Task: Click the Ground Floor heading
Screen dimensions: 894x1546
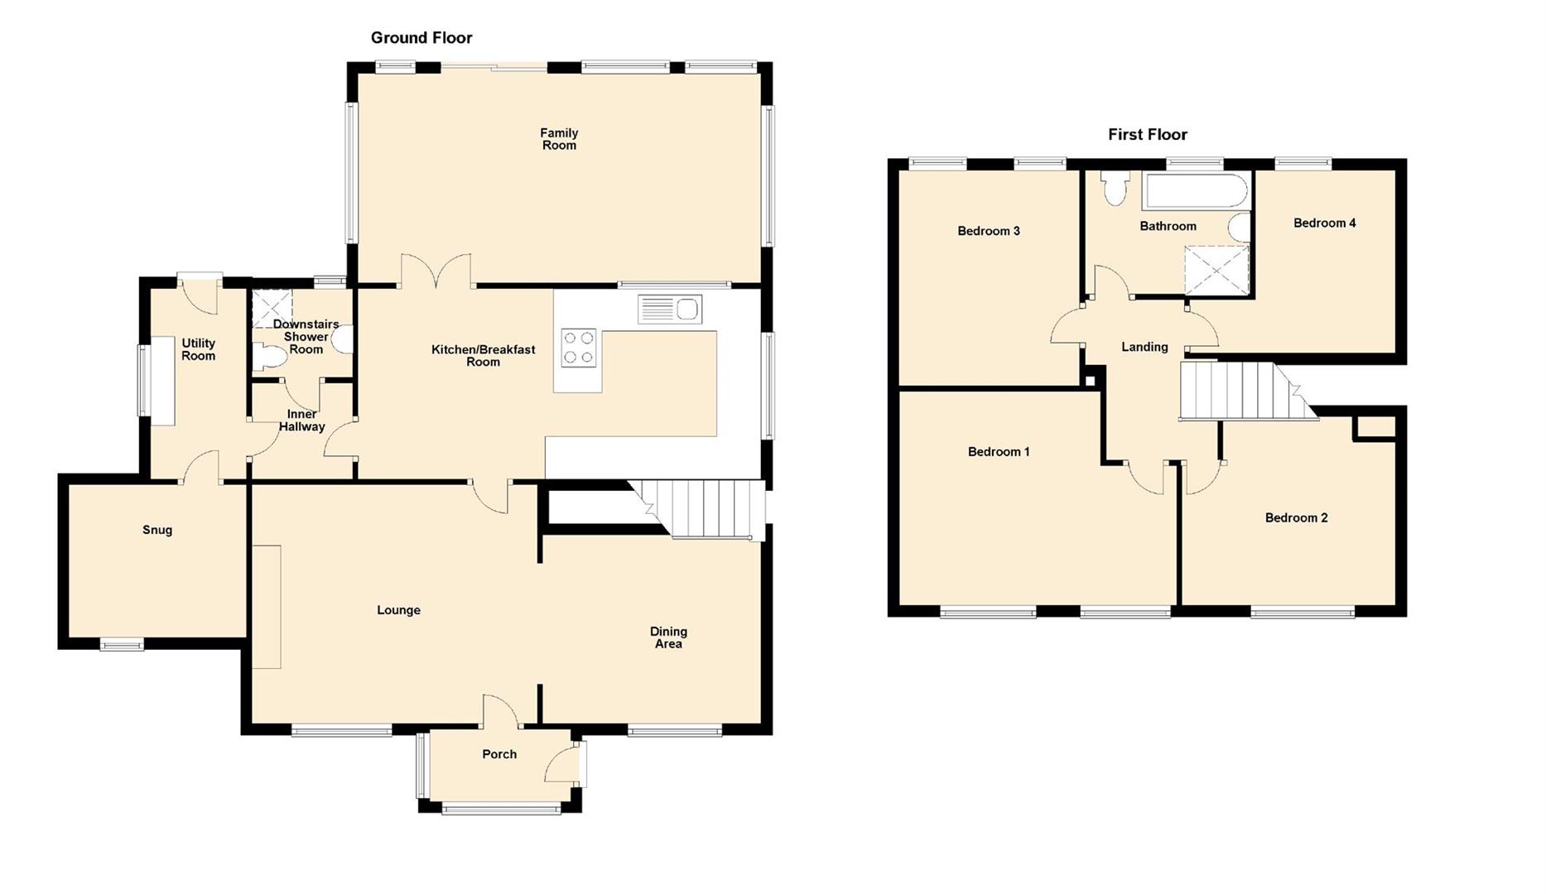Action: pos(421,37)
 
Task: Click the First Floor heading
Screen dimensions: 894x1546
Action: pos(1147,134)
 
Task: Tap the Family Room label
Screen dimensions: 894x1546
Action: pos(559,139)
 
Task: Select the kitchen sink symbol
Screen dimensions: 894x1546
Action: pos(670,310)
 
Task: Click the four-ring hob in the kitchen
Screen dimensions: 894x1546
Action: pos(578,348)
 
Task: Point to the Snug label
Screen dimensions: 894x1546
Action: pos(157,530)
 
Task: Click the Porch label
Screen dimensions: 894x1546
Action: pos(499,754)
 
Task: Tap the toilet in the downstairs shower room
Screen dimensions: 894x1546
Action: pos(269,358)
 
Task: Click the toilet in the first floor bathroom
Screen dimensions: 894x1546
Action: pos(1115,189)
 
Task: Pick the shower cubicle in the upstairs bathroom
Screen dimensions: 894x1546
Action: pos(1216,270)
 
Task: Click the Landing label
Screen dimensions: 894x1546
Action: pos(1144,347)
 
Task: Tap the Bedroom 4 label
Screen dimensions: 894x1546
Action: pos(1324,223)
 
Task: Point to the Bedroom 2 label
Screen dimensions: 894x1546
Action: pos(1296,518)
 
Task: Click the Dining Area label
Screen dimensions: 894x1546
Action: pos(668,637)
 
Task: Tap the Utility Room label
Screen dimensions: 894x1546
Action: pos(198,349)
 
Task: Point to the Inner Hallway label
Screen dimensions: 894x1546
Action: pos(301,421)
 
